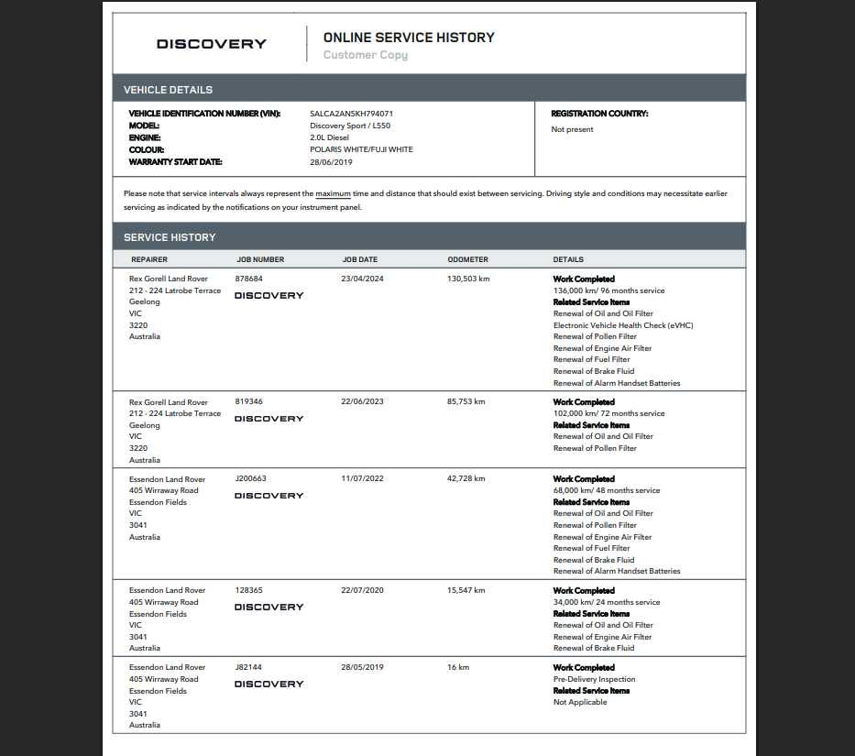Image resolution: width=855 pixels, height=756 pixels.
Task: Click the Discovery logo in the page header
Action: pos(212,44)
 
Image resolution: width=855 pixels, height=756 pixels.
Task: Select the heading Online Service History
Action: pos(409,38)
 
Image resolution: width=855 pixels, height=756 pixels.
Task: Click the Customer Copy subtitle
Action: pos(365,55)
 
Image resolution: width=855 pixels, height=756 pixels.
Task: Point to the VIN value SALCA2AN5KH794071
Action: pos(351,114)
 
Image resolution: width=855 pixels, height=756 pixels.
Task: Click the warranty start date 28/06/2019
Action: pos(331,162)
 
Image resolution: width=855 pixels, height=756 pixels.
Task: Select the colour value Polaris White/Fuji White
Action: pos(361,149)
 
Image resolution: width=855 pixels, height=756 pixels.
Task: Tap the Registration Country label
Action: pos(599,114)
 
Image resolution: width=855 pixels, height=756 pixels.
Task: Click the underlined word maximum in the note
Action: pos(334,194)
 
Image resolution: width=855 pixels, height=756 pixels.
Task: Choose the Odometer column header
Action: pos(467,259)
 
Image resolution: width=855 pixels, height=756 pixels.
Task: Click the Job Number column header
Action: pos(260,259)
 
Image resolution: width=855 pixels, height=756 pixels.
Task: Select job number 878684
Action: pos(248,279)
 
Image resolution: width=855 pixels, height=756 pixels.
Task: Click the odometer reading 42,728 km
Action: pos(466,479)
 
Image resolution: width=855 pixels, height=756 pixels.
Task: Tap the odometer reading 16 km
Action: pos(458,668)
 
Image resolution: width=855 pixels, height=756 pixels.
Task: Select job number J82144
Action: pos(249,668)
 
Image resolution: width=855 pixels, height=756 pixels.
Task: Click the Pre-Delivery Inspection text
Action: pos(594,680)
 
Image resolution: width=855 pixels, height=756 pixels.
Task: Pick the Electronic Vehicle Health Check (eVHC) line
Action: pos(623,325)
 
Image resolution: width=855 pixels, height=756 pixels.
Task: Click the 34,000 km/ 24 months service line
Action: pos(606,603)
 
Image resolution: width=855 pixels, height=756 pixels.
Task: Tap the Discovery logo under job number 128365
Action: pos(269,608)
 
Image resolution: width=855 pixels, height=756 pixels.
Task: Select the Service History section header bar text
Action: pos(170,237)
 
